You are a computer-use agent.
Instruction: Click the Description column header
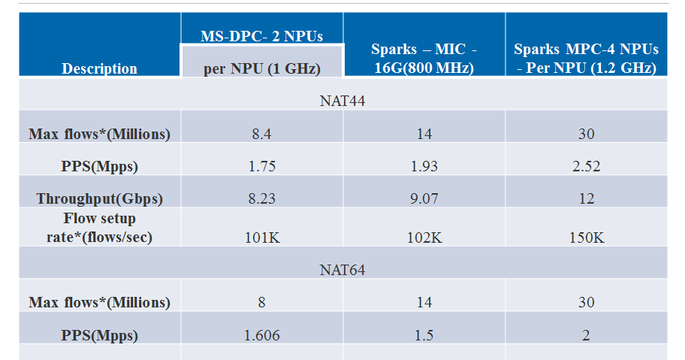99,68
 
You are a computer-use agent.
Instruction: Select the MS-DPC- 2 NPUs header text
261,35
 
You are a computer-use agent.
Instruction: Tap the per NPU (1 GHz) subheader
261,68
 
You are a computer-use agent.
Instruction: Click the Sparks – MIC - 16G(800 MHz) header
424,59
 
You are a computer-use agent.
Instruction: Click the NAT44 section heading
342,101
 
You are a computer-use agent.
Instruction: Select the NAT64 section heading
342,269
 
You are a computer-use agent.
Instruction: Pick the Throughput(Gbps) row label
99,198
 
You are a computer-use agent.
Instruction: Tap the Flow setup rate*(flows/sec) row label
99,228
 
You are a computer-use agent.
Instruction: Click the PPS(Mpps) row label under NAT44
99,166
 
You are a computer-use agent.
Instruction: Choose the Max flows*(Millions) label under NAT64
99,302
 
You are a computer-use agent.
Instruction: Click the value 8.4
261,134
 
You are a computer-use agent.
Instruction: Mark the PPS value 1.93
424,166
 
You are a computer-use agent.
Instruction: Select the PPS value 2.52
586,166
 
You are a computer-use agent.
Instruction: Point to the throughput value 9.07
424,198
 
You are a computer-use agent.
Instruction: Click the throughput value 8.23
261,198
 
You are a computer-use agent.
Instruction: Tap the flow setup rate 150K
586,237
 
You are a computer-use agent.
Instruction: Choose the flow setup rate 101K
261,237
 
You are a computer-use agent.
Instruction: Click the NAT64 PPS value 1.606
261,335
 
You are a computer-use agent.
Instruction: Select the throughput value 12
586,198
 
